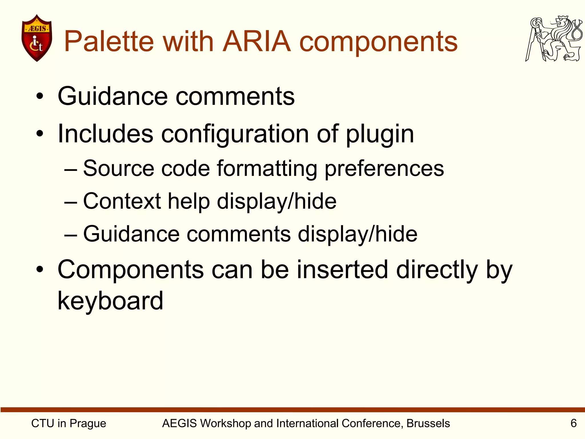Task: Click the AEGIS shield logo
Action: coord(37,38)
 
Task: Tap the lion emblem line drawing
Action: coord(554,39)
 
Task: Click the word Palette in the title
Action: coord(109,42)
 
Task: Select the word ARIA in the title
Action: coord(257,42)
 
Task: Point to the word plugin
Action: coord(380,134)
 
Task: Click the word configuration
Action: coord(235,134)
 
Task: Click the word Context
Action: coord(122,201)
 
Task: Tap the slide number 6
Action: coord(573,423)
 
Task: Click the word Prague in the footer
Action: coord(88,424)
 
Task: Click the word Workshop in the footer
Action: coord(226,423)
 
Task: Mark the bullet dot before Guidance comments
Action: coord(40,96)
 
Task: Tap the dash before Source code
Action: coord(71,169)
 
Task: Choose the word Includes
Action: coord(105,134)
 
